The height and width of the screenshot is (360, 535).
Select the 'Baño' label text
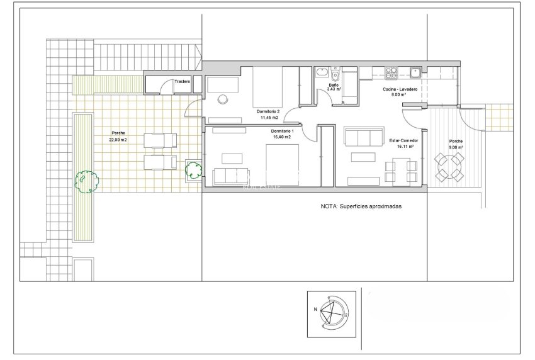(334, 84)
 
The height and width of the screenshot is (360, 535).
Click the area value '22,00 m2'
(118, 140)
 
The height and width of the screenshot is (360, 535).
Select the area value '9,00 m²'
(455, 147)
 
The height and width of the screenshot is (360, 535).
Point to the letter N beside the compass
(315, 310)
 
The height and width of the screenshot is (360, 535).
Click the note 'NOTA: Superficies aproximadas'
(361, 206)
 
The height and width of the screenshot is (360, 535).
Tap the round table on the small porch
(450, 167)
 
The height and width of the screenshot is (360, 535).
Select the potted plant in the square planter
(193, 169)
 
